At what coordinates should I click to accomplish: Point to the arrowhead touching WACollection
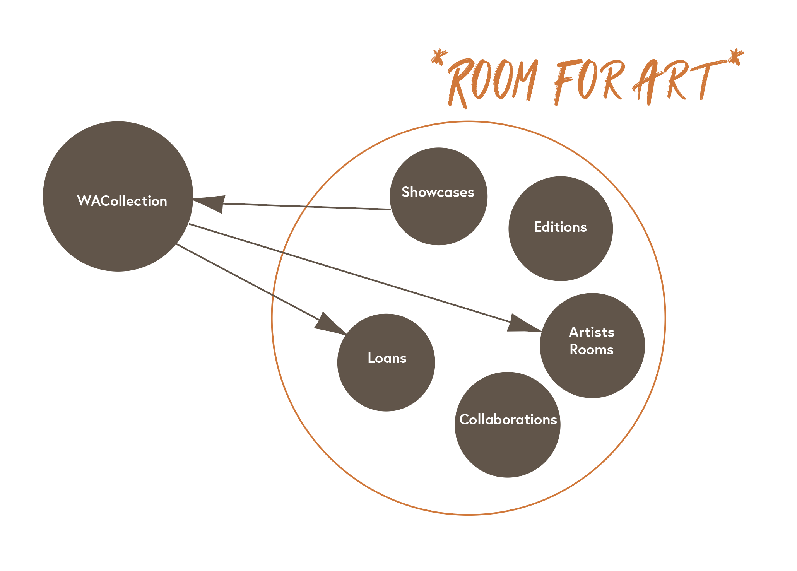pyautogui.click(x=211, y=203)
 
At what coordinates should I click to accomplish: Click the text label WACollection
pyautogui.click(x=122, y=201)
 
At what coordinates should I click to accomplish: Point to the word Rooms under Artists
pyautogui.click(x=592, y=350)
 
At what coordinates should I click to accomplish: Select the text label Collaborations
pyautogui.click(x=508, y=420)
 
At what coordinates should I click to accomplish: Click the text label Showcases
pyautogui.click(x=438, y=192)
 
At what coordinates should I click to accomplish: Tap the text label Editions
pyautogui.click(x=560, y=227)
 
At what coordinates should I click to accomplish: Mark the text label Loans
pyautogui.click(x=387, y=358)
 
